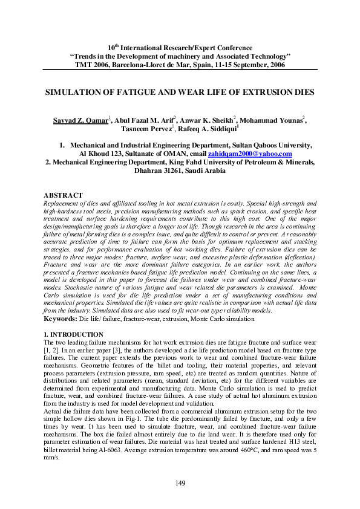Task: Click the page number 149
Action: click(x=180, y=482)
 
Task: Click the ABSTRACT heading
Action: click(x=64, y=195)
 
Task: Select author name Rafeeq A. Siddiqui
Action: click(x=204, y=129)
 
